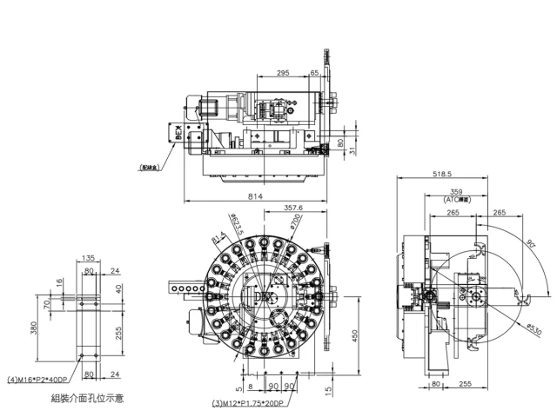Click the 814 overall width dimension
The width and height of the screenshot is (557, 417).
[x=255, y=198]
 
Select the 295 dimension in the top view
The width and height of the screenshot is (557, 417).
[x=282, y=74]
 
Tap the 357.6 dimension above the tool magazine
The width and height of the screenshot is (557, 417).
[x=292, y=208]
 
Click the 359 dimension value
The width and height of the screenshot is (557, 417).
[x=455, y=190]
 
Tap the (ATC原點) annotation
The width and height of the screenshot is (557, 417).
[x=455, y=199]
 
